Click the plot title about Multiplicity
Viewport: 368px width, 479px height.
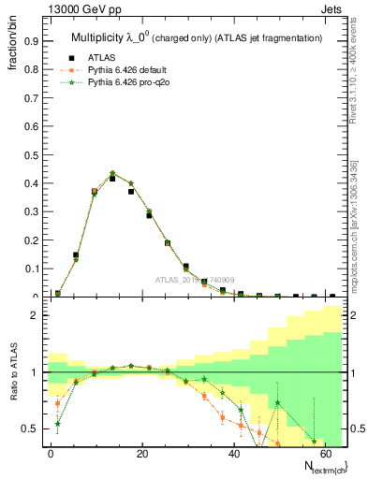tap(197, 37)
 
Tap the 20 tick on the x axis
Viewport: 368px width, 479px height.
tap(142, 453)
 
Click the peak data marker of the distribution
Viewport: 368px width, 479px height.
tap(112, 177)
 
